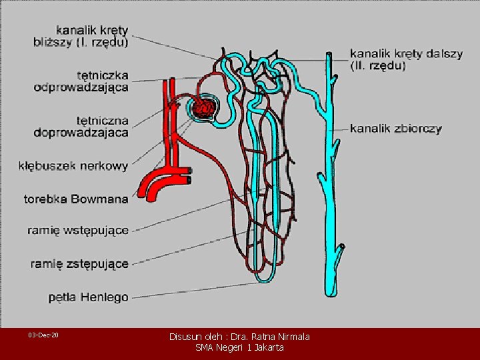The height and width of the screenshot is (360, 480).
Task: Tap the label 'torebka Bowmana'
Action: tap(75, 198)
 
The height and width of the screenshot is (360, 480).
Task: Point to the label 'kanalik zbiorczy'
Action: tap(396, 129)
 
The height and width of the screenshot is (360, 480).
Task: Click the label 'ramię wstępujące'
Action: tap(79, 231)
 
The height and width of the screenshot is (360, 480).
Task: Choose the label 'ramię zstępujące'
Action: tap(79, 264)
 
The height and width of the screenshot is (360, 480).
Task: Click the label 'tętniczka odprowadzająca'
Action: tap(83, 81)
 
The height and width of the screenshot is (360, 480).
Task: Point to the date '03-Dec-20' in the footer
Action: tap(43, 334)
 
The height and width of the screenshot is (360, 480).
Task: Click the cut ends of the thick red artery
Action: tap(190, 175)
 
